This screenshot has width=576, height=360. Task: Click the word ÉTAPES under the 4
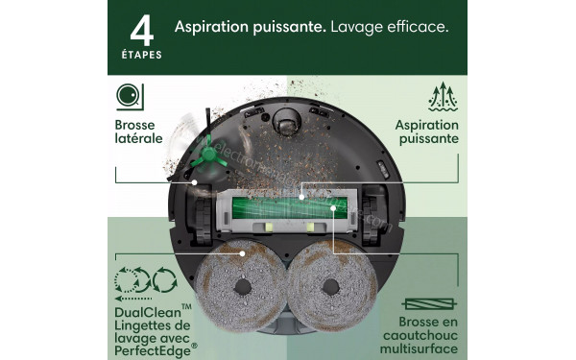(x=142, y=56)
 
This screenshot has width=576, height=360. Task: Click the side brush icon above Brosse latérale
(x=127, y=97)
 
